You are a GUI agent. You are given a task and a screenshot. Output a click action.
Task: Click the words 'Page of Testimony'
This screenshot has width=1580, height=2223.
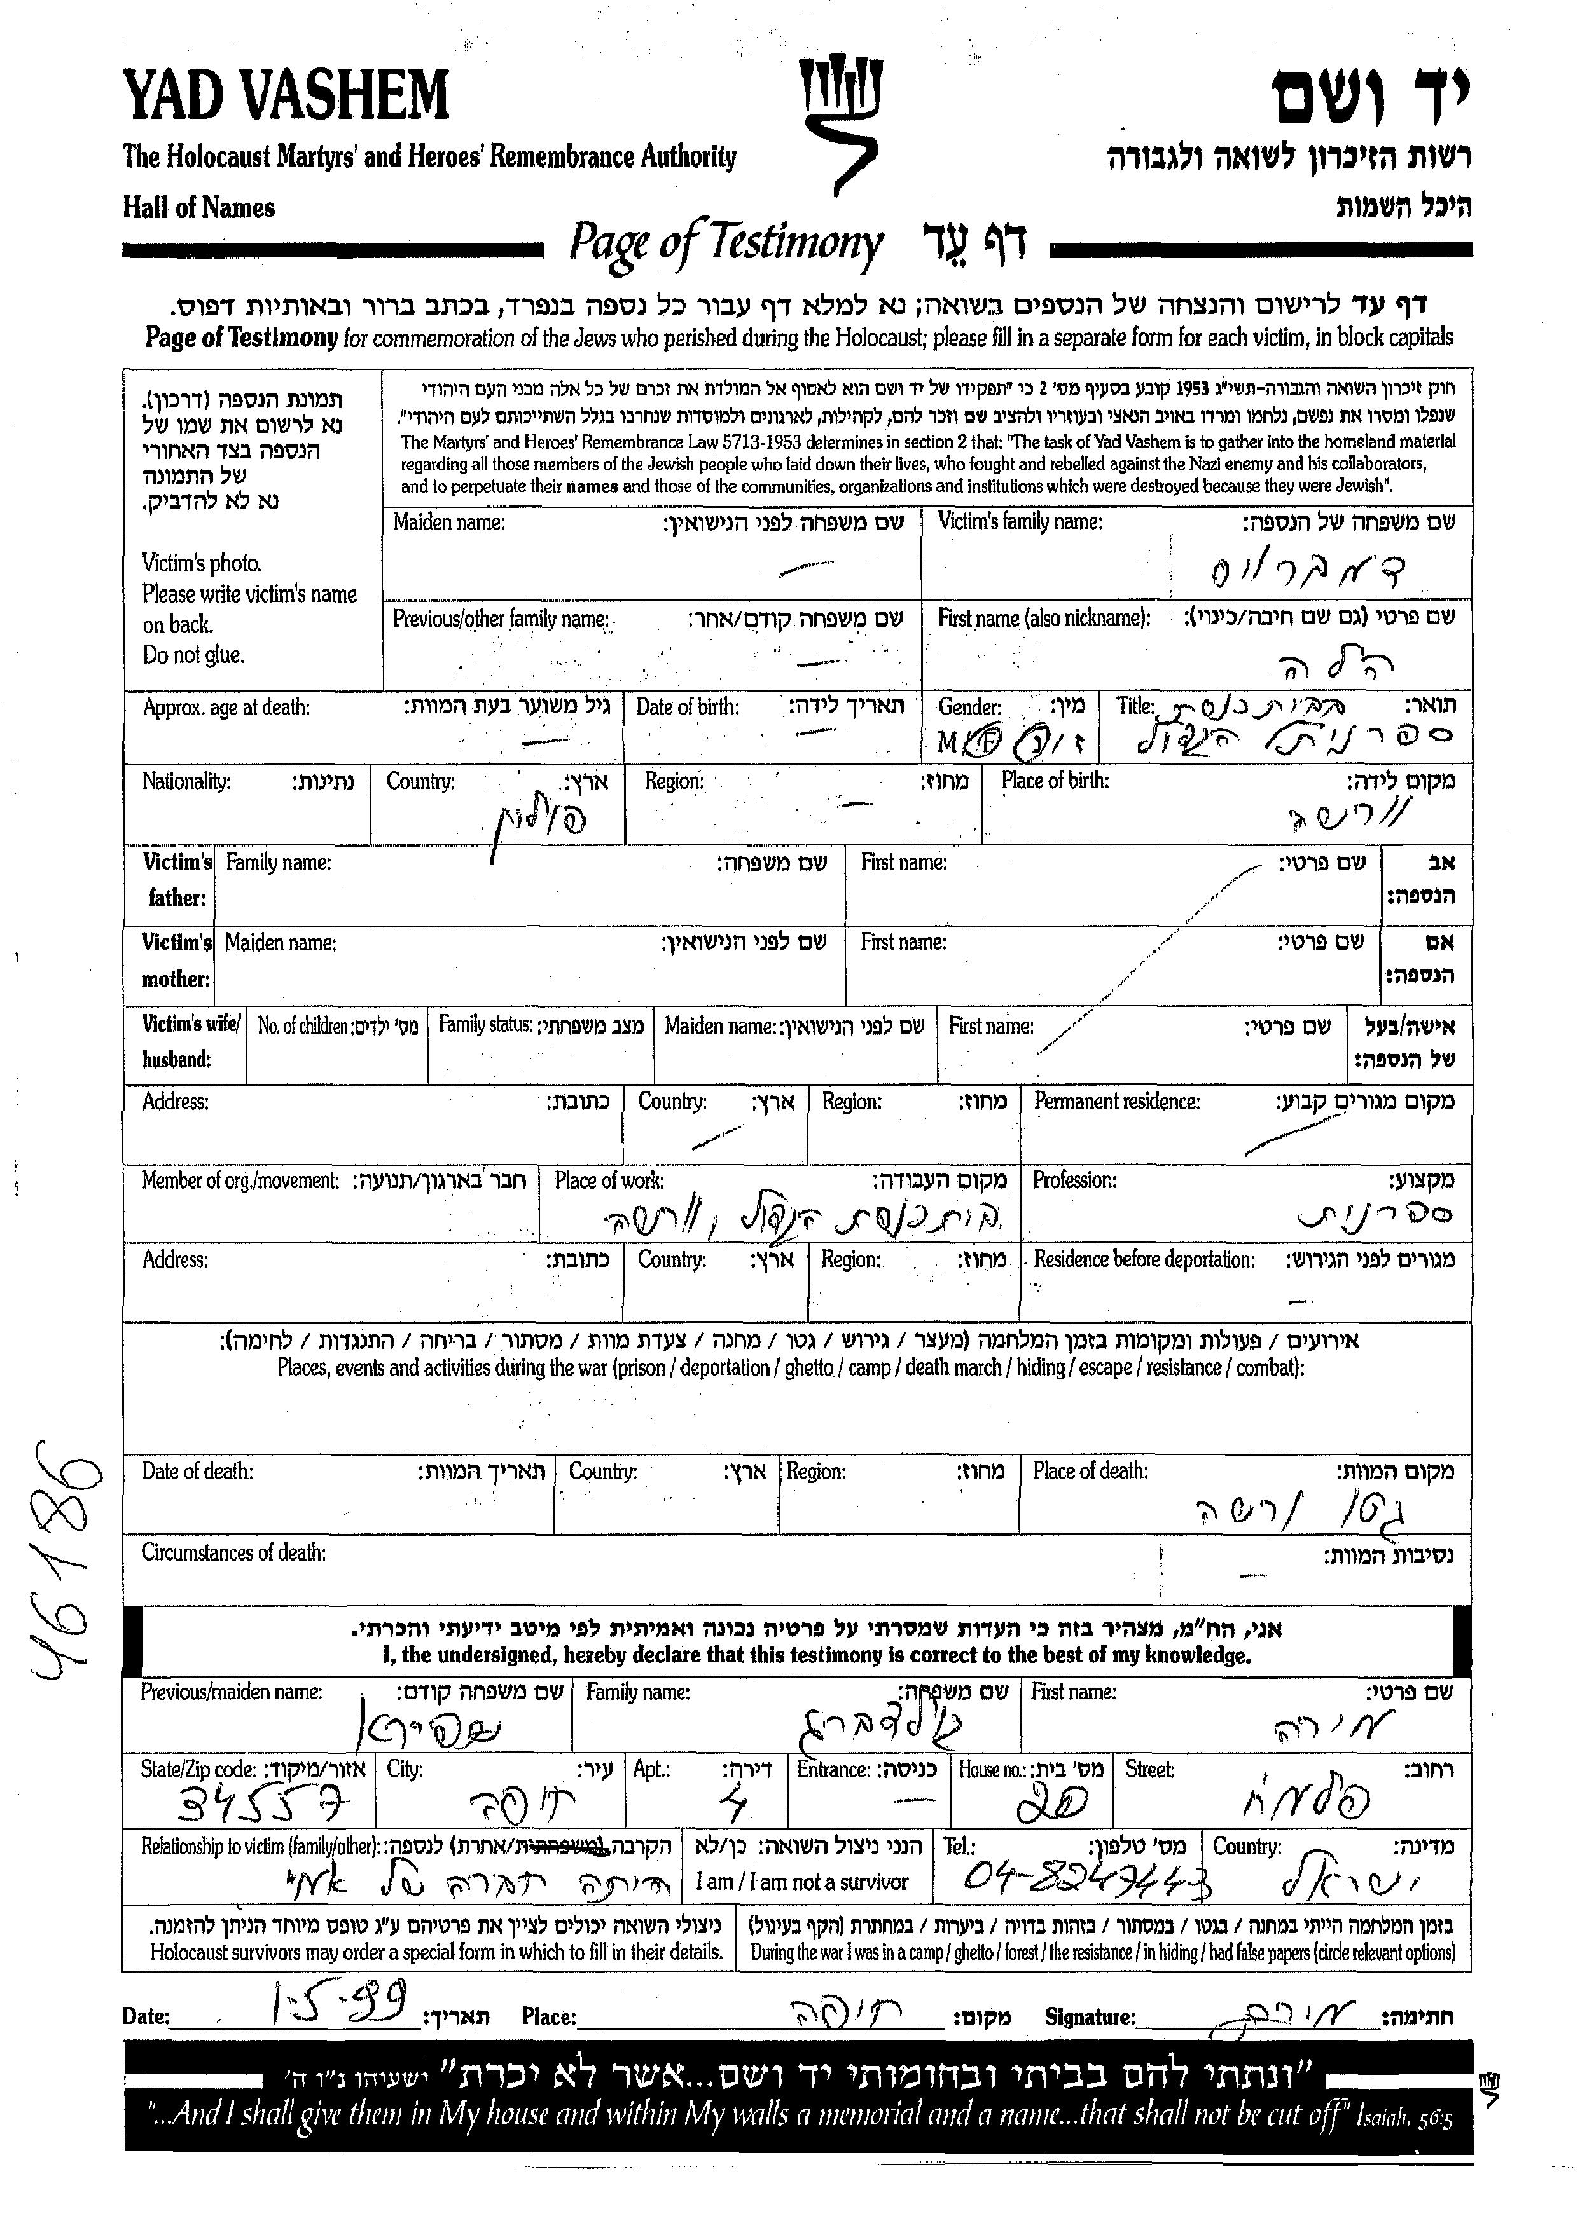click(725, 243)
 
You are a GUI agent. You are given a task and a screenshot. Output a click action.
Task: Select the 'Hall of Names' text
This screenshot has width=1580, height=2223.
click(198, 207)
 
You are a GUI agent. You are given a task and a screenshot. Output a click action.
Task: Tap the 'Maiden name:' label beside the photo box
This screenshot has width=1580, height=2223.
click(448, 523)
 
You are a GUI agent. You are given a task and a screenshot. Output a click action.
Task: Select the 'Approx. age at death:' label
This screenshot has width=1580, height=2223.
click(226, 707)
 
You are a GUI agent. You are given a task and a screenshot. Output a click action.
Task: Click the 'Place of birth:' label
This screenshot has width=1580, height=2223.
click(1055, 781)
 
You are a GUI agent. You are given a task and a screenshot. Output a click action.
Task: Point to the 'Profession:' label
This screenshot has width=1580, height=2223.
click(1074, 1180)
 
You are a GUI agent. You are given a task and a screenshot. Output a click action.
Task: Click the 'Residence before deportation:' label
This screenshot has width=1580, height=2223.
click(1143, 1261)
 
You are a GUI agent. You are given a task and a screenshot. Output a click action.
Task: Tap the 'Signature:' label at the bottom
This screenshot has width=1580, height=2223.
click(1090, 2016)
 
